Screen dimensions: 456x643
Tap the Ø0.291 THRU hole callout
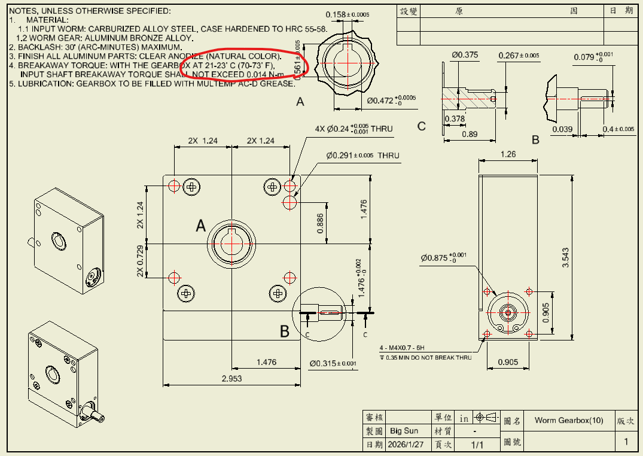coord(362,156)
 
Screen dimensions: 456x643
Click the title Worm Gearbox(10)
coord(569,421)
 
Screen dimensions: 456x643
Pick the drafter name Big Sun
coord(404,431)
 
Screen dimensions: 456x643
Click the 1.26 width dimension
coord(507,154)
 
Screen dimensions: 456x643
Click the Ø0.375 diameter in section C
coord(465,55)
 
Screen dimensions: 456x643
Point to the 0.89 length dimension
coord(470,134)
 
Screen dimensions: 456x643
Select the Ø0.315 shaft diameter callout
coord(333,363)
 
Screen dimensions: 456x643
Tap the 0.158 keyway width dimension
coord(347,14)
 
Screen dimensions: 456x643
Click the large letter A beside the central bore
coord(201,226)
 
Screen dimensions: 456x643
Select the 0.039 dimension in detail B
coord(562,130)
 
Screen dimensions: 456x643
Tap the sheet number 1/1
coord(477,445)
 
